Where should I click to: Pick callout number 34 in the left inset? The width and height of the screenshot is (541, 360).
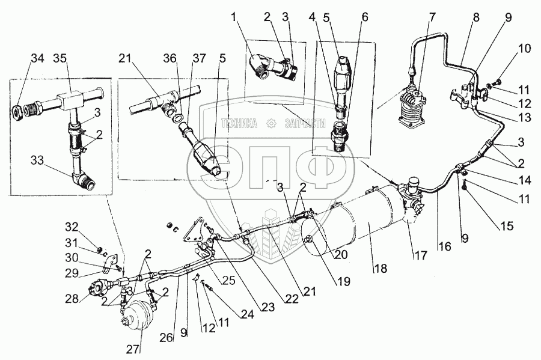pos(37,58)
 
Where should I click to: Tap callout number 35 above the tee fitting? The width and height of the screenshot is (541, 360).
pos(60,58)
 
